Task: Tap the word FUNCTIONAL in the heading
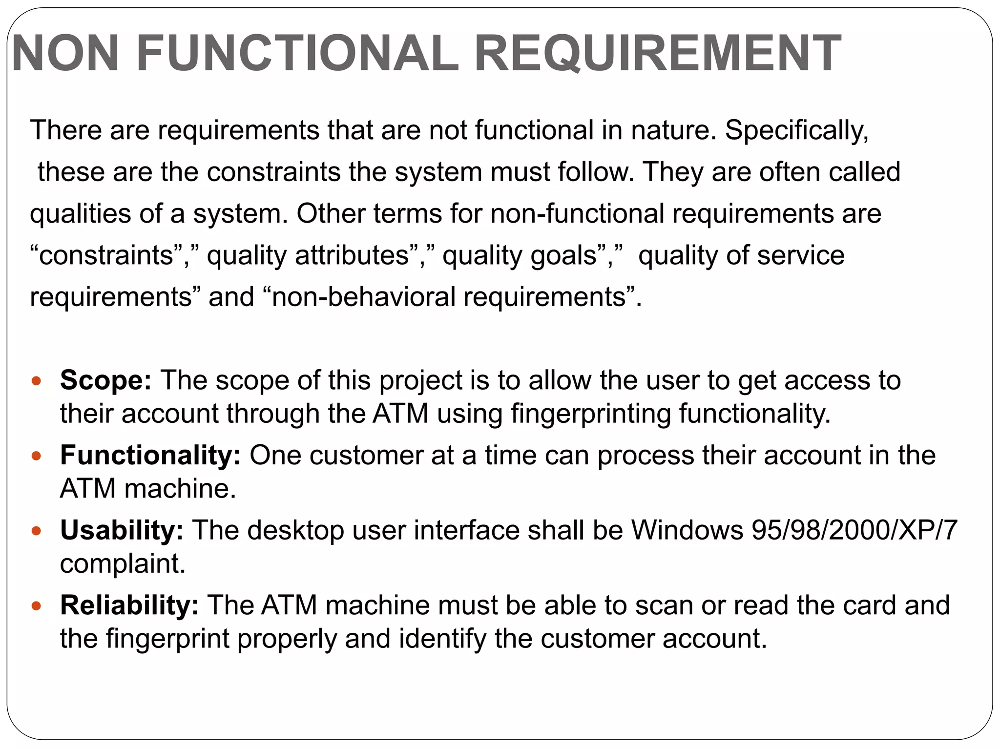[297, 54]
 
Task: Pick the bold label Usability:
[122, 530]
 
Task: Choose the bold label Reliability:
[129, 605]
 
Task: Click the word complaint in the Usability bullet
[123, 564]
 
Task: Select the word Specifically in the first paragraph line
[796, 131]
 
